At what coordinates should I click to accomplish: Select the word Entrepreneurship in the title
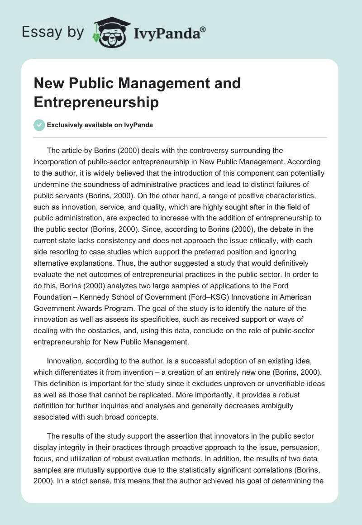pyautogui.click(x=96, y=102)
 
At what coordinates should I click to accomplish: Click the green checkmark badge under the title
pyautogui.click(x=39, y=125)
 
